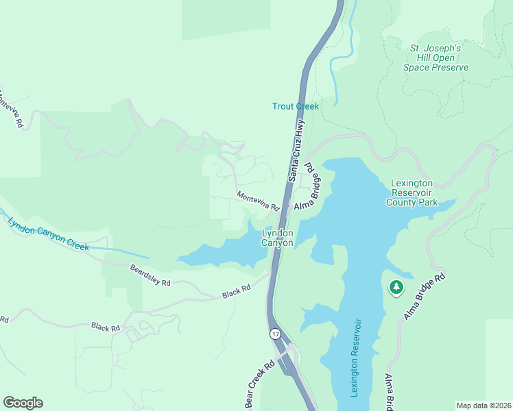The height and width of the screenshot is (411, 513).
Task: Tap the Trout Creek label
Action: tap(296, 106)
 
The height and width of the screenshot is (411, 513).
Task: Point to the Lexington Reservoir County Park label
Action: tap(411, 192)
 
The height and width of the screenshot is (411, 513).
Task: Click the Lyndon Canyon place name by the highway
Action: tap(278, 238)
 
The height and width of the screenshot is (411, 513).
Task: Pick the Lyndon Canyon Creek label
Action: tap(48, 234)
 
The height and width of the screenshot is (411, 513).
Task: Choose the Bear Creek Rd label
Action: tap(259, 384)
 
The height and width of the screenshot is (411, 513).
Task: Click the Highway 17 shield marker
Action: tap(275, 334)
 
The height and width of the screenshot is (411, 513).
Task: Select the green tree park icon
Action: tap(396, 288)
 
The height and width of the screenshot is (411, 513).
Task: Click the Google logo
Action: tap(23, 403)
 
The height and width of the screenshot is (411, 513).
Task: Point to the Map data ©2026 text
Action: tap(484, 406)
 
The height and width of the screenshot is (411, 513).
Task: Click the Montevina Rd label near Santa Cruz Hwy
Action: tap(258, 201)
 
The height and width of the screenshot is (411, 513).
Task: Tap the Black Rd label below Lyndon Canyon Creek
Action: tap(106, 327)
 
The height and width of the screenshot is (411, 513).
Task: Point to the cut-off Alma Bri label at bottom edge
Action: tap(388, 393)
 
